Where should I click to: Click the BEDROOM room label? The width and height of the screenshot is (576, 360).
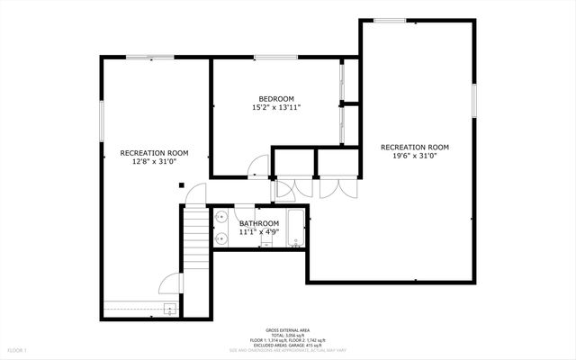(x=276, y=98)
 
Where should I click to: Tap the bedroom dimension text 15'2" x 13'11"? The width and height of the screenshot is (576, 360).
(x=276, y=107)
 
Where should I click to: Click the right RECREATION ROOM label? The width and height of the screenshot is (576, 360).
(x=415, y=147)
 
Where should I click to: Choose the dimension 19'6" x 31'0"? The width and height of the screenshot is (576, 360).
(x=415, y=156)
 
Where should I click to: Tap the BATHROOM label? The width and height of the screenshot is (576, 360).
(x=259, y=223)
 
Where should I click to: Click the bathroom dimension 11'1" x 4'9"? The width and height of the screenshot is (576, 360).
(x=259, y=231)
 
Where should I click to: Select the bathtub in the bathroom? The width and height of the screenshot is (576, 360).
(x=295, y=229)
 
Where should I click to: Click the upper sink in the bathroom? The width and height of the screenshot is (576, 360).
(x=220, y=217)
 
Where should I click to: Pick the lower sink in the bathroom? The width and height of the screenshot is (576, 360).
(x=220, y=239)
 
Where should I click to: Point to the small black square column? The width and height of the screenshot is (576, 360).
(x=182, y=185)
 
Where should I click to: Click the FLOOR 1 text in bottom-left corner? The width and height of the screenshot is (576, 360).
(x=18, y=349)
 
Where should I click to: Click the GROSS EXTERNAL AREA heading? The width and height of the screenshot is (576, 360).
(x=287, y=330)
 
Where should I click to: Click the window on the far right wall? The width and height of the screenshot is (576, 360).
(x=474, y=99)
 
